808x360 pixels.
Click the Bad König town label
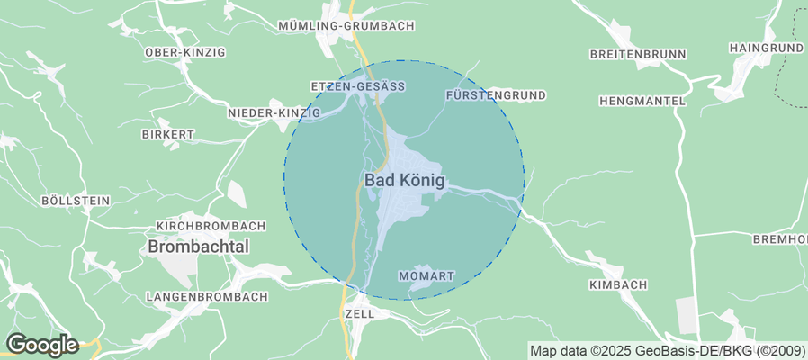404,180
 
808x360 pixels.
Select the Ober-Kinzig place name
184,53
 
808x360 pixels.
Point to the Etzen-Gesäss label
357,86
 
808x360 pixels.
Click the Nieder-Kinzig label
274,112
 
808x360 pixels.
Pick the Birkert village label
168,134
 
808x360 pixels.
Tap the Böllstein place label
76,200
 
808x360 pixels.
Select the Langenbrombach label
207,296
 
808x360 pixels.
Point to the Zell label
358,314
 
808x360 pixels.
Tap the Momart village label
426,274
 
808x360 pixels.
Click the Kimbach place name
617,285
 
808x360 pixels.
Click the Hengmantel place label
642,101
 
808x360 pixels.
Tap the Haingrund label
766,47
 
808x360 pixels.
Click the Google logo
41,344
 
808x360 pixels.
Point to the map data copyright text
667,351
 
